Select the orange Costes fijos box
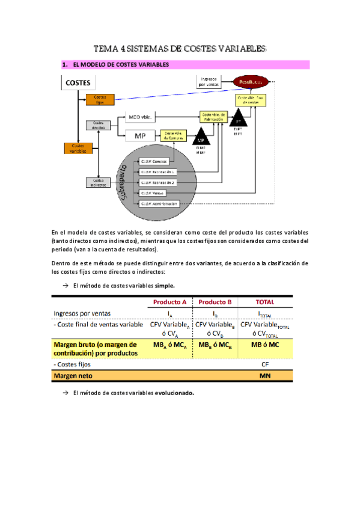click(x=99, y=99)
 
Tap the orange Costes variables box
click(x=78, y=148)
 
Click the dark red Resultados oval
click(x=251, y=81)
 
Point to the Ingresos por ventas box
click(x=209, y=81)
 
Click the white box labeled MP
click(x=140, y=135)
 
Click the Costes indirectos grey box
click(x=97, y=182)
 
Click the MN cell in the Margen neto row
click(x=264, y=376)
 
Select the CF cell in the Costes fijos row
click(x=264, y=364)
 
